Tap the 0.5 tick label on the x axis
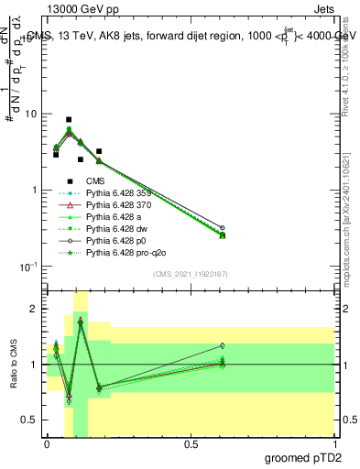tap(191, 443)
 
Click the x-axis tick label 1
tap(334, 443)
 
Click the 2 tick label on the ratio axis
tap(34, 309)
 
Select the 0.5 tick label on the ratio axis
tap(30, 420)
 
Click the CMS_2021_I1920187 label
tap(190, 273)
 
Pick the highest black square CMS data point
tap(69, 120)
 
